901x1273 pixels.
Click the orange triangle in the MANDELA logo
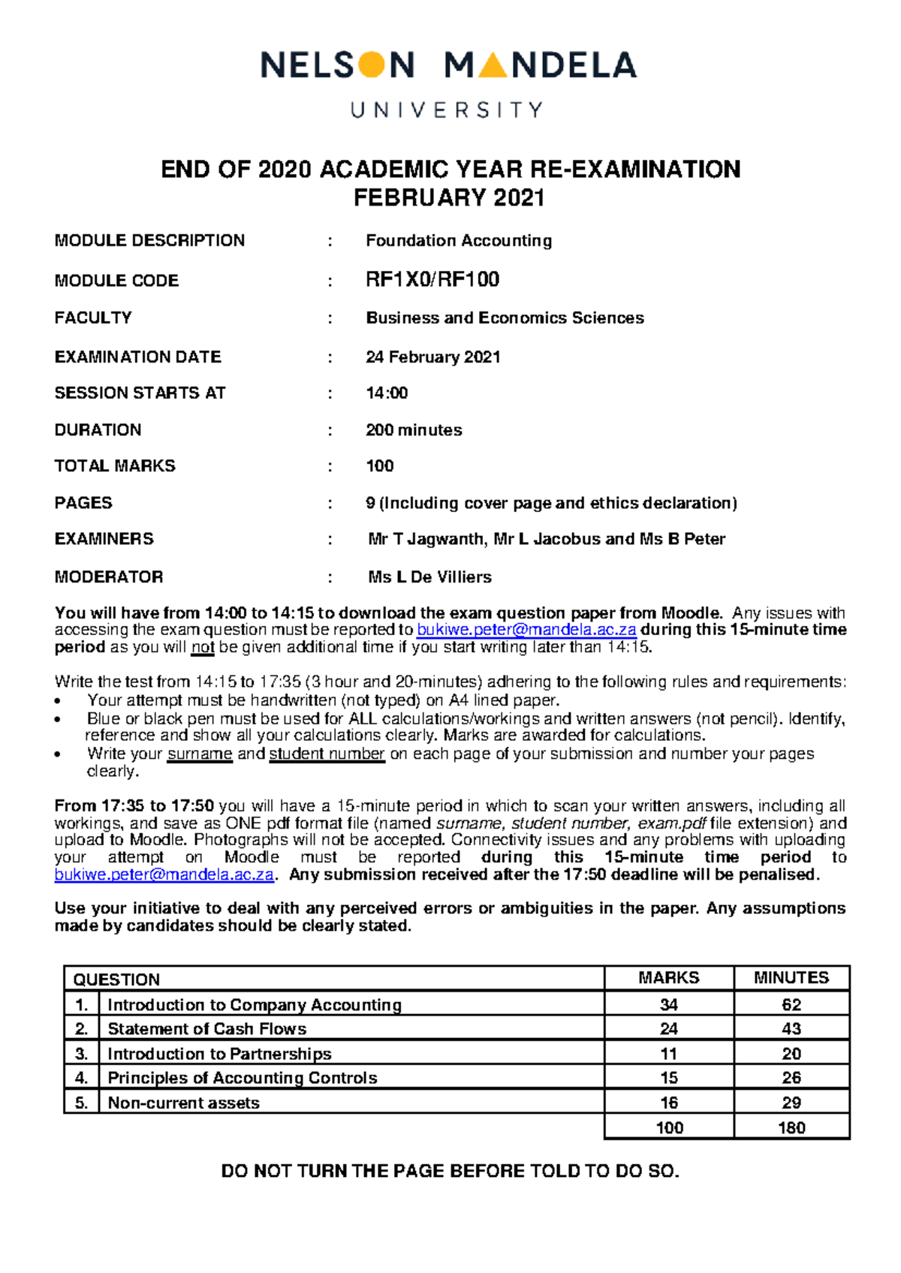click(493, 67)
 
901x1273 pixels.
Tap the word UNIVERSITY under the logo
click(447, 110)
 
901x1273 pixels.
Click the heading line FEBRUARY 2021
click(449, 198)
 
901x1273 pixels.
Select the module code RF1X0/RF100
click(432, 280)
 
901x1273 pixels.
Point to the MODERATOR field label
click(109, 577)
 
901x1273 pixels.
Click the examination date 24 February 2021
click(433, 357)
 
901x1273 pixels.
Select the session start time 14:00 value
click(387, 393)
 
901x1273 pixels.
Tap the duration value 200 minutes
click(414, 430)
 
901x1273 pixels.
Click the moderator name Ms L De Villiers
click(429, 577)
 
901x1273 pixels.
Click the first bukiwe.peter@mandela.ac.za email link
click(526, 630)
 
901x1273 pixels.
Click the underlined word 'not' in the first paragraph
click(203, 647)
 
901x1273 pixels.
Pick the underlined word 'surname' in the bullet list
click(200, 754)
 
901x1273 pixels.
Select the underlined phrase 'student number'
click(327, 754)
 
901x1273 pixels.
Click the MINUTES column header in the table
click(791, 978)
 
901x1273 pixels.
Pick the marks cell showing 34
click(668, 1004)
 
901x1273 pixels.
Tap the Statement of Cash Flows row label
click(207, 1029)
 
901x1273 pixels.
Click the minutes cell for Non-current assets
click(791, 1103)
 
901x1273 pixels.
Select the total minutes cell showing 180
click(791, 1127)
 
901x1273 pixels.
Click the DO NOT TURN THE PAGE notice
click(450, 1171)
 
